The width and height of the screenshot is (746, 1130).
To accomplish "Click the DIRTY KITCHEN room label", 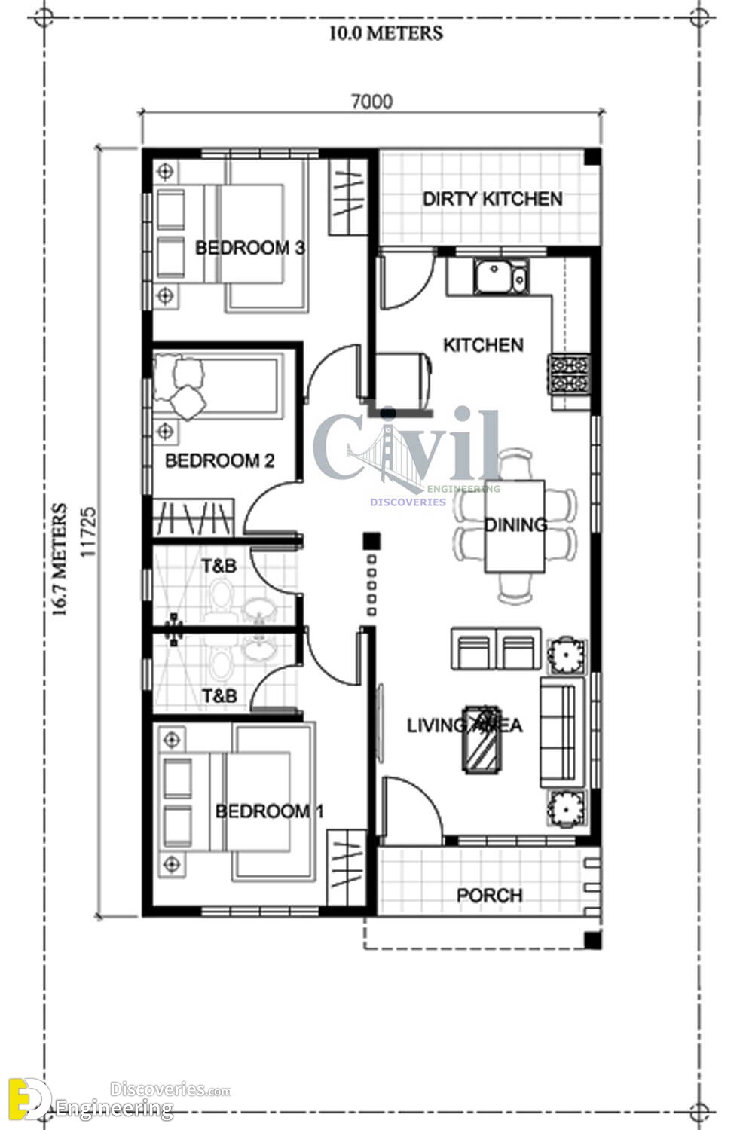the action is (493, 199).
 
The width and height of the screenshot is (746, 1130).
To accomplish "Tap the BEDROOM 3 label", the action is (250, 248).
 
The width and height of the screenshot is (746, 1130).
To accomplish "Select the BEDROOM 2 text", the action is (219, 460).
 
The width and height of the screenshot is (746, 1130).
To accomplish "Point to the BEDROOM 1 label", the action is (269, 811).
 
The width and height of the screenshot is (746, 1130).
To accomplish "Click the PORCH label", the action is (489, 896).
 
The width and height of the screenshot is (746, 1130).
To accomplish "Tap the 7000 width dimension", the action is (371, 102).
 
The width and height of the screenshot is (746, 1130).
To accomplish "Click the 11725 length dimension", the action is (88, 532).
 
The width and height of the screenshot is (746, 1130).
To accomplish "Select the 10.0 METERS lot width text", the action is (386, 33).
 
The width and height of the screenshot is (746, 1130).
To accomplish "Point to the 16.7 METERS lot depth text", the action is (60, 559).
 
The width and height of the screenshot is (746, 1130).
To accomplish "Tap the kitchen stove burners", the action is (569, 374).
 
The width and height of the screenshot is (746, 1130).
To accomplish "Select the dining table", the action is (515, 526).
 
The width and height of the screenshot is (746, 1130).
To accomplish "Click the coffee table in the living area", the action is (482, 740).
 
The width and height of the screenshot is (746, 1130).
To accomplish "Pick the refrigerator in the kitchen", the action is (402, 380).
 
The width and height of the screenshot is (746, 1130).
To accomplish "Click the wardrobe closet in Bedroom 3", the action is (348, 197).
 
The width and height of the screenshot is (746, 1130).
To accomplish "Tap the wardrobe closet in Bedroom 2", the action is (194, 518).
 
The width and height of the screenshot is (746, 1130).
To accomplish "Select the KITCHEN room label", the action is (483, 345).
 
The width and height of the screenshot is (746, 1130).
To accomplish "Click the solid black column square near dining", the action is (371, 541).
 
